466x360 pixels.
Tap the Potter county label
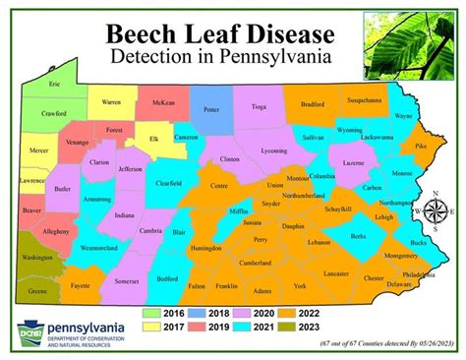point(211,110)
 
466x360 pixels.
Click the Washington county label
point(37,258)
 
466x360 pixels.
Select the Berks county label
point(359,237)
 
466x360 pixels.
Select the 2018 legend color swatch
point(196,314)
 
